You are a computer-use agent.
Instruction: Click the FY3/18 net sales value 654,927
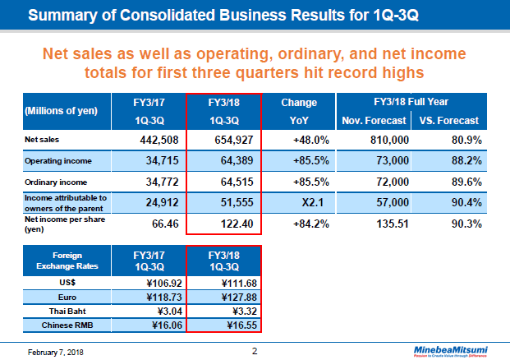[x=233, y=140]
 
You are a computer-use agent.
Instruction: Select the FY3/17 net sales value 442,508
[x=151, y=140]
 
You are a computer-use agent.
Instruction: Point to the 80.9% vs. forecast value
[x=462, y=140]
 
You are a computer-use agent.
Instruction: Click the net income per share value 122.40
[x=237, y=223]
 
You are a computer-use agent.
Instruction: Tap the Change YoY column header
[x=299, y=111]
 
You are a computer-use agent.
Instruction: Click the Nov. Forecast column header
[x=375, y=120]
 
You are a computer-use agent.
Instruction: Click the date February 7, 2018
[x=49, y=352]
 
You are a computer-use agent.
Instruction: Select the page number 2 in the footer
[x=255, y=351]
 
